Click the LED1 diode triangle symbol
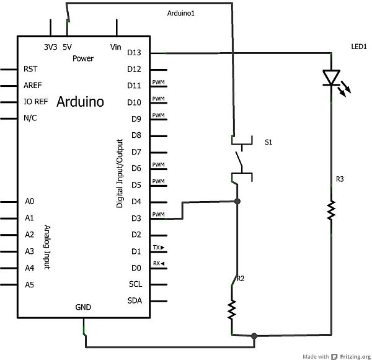pos(332,78)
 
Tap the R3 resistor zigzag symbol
pos(331,210)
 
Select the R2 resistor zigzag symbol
pos(232,310)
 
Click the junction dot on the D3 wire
pos(237,201)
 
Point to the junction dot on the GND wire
pos(254,336)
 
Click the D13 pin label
pos(134,53)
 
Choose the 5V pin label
pos(67,47)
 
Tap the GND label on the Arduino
pos(83,307)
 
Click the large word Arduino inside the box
pos(80,102)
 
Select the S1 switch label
pos(268,142)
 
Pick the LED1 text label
pos(359,47)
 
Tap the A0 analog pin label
pos(29,201)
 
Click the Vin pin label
pos(115,47)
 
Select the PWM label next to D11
pos(158,82)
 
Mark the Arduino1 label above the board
pos(181,13)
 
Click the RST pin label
pos(30,69)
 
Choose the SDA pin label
pos(135,300)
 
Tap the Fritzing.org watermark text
pos(355,356)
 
